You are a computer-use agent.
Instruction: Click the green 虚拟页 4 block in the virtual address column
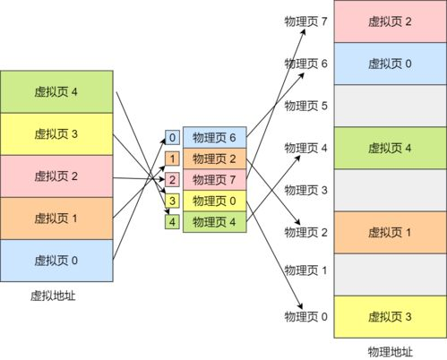click(56, 92)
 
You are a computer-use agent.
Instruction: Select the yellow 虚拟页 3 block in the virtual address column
click(56, 134)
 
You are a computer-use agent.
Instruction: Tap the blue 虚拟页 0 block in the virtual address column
click(56, 261)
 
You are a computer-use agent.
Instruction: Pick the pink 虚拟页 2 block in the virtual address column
click(56, 176)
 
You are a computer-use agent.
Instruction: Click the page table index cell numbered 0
click(173, 138)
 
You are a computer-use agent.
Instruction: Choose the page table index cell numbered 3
click(173, 201)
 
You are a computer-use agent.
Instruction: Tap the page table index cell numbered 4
click(173, 221)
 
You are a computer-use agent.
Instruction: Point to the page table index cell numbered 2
click(173, 180)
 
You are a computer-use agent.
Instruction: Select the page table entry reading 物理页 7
click(214, 180)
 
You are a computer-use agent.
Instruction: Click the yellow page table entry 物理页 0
click(214, 201)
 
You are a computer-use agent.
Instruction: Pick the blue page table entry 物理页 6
click(214, 138)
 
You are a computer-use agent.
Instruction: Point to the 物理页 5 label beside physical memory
click(306, 106)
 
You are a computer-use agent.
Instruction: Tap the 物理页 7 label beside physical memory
click(306, 21)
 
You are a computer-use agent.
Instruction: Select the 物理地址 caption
click(390, 350)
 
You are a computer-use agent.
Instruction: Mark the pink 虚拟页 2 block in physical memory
click(390, 21)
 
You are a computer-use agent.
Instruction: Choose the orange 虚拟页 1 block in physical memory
click(390, 232)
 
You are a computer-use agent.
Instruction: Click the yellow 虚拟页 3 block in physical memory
click(390, 316)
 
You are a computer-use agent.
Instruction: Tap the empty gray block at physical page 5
click(390, 106)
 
